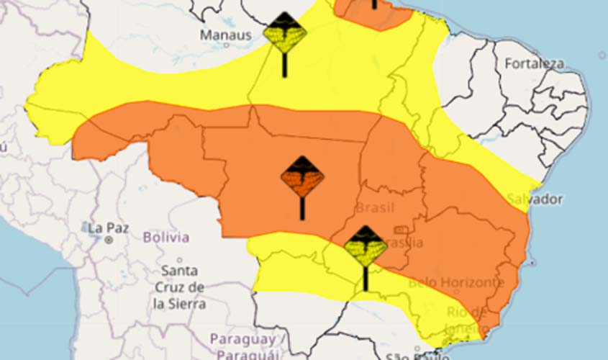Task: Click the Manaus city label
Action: coord(226,35)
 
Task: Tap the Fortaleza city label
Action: coord(534,63)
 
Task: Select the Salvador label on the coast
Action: coord(535,199)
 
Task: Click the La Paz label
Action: coord(109,228)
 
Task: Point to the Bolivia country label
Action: coord(166,237)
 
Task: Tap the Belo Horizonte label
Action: coord(456,282)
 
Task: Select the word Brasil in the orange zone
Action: coord(375,208)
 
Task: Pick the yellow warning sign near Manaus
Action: coord(284,32)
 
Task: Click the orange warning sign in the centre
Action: coord(302,177)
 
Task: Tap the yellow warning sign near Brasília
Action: coord(366,247)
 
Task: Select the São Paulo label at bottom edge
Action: coord(413,356)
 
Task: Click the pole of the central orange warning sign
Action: coord(302,209)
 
